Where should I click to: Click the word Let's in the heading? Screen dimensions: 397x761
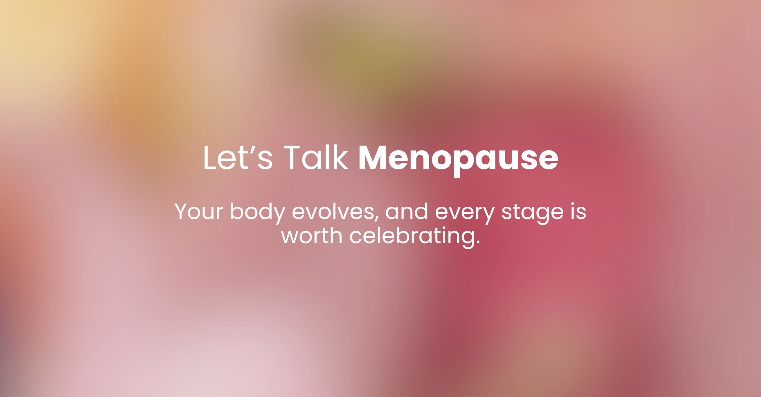click(238, 158)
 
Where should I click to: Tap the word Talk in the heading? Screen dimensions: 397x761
click(316, 158)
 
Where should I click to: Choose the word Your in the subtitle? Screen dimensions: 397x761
click(199, 211)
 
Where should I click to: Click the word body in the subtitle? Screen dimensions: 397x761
click(257, 212)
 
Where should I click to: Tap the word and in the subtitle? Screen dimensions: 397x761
click(406, 211)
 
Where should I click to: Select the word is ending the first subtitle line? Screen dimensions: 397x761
click(578, 211)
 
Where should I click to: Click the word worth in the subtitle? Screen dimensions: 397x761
click(312, 236)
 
